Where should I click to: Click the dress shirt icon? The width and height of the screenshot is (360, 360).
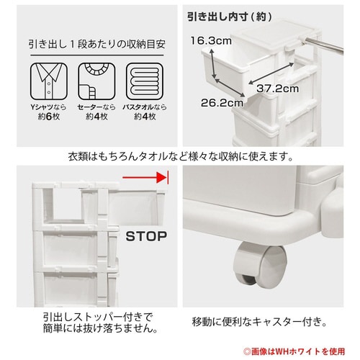pyautogui.click(x=49, y=81)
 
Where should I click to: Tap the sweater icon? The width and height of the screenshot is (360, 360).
pyautogui.click(x=96, y=81)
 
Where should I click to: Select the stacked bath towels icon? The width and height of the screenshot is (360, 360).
pyautogui.click(x=145, y=81)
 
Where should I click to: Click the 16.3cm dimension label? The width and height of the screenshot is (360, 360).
pyautogui.click(x=211, y=41)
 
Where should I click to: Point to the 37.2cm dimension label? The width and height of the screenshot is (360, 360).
pyautogui.click(x=278, y=89)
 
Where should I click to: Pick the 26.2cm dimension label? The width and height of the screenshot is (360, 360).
pyautogui.click(x=222, y=103)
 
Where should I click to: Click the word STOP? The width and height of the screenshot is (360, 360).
pyautogui.click(x=146, y=236)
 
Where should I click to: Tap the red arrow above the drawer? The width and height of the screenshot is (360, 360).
pyautogui.click(x=145, y=178)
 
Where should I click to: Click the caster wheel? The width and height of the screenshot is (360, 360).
pyautogui.click(x=261, y=265)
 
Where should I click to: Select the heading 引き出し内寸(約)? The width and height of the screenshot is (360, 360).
pyautogui.click(x=230, y=17)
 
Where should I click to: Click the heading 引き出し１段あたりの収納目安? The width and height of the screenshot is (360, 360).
pyautogui.click(x=97, y=45)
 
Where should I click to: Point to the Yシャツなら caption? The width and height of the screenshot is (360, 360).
pyautogui.click(x=48, y=107)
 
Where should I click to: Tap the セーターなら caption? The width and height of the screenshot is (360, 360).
pyautogui.click(x=96, y=107)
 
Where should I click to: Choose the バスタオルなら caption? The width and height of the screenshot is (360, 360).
pyautogui.click(x=145, y=107)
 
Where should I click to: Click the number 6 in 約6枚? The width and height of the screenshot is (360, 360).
pyautogui.click(x=49, y=117)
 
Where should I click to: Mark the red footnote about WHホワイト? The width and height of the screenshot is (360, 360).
pyautogui.click(x=294, y=351)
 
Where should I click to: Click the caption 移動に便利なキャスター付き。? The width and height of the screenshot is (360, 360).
pyautogui.click(x=259, y=322)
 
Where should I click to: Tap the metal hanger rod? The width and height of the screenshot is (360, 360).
pyautogui.click(x=322, y=45)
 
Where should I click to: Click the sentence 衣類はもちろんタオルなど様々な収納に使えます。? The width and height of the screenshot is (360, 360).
pyautogui.click(x=181, y=156)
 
